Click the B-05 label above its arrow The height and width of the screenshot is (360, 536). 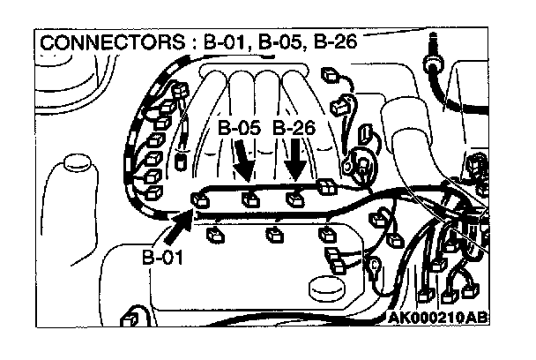click(x=239, y=129)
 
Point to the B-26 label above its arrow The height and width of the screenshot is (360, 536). click(x=295, y=129)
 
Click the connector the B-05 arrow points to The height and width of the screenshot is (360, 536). click(x=249, y=199)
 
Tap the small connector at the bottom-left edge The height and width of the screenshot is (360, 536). click(x=130, y=314)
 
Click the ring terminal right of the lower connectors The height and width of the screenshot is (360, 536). click(x=374, y=263)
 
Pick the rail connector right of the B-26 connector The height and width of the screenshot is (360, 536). click(x=324, y=186)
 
